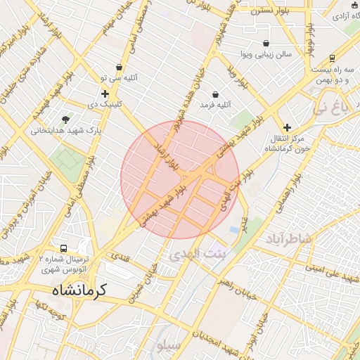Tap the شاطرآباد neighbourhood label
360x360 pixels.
[288, 239]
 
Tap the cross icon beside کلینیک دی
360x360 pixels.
[105, 94]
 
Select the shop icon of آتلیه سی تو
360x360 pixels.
[120, 67]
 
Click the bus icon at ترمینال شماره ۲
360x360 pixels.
[64, 249]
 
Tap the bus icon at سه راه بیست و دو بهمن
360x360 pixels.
[332, 58]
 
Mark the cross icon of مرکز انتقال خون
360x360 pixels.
[287, 127]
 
